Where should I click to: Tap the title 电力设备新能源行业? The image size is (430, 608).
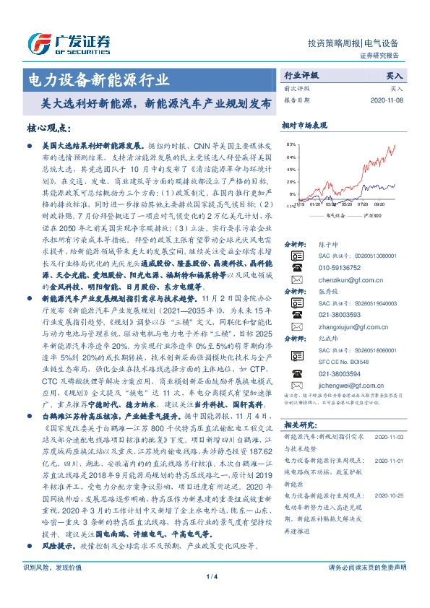click(x=98, y=78)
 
